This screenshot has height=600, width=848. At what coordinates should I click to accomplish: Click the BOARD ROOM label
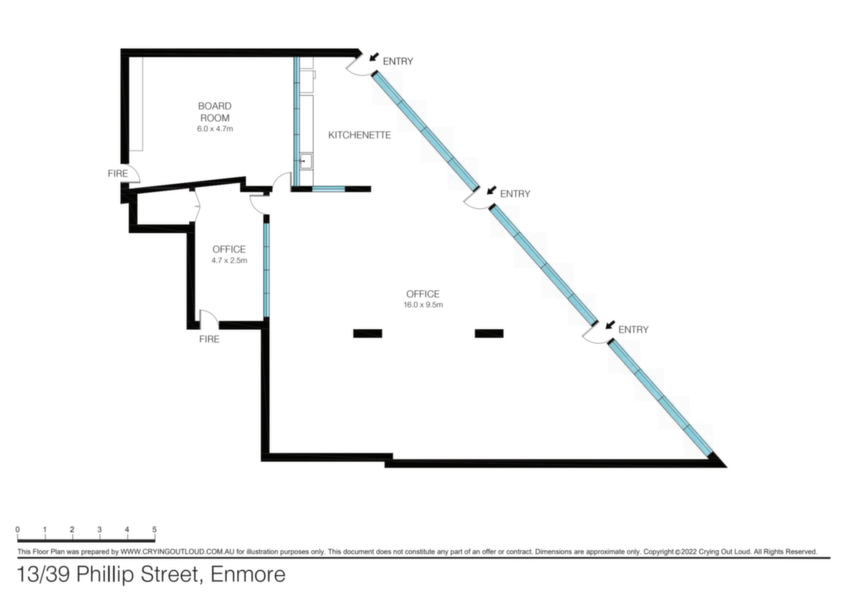tap(214, 112)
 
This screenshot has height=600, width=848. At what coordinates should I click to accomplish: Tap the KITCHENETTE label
tap(359, 135)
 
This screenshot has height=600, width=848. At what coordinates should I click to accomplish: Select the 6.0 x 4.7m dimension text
tap(214, 128)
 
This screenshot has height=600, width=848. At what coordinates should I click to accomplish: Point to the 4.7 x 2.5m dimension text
tap(229, 260)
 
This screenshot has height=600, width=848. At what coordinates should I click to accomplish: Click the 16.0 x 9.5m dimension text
tap(423, 305)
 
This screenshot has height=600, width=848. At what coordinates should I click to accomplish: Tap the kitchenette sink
tap(306, 160)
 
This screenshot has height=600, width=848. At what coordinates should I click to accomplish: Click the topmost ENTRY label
tap(398, 61)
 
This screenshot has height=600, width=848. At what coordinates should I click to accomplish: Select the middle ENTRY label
tap(515, 194)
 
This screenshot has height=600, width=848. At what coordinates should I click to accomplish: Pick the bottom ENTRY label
tap(634, 330)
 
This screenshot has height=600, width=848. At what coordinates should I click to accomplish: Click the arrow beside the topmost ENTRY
tap(373, 56)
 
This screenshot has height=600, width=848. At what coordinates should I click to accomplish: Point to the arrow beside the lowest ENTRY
tap(609, 325)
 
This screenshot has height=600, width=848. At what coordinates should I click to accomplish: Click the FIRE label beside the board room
tap(118, 174)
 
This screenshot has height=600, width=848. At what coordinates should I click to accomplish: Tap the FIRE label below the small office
tap(210, 339)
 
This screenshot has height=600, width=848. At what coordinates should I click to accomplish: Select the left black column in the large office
tap(368, 333)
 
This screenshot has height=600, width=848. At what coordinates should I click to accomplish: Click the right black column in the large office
tap(489, 333)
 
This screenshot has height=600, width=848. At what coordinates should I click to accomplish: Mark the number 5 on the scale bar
tap(154, 530)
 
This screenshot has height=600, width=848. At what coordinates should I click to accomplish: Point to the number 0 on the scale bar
tap(18, 530)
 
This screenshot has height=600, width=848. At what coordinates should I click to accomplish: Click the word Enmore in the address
tap(248, 574)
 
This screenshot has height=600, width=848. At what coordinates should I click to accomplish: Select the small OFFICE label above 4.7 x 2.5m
tap(229, 249)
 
